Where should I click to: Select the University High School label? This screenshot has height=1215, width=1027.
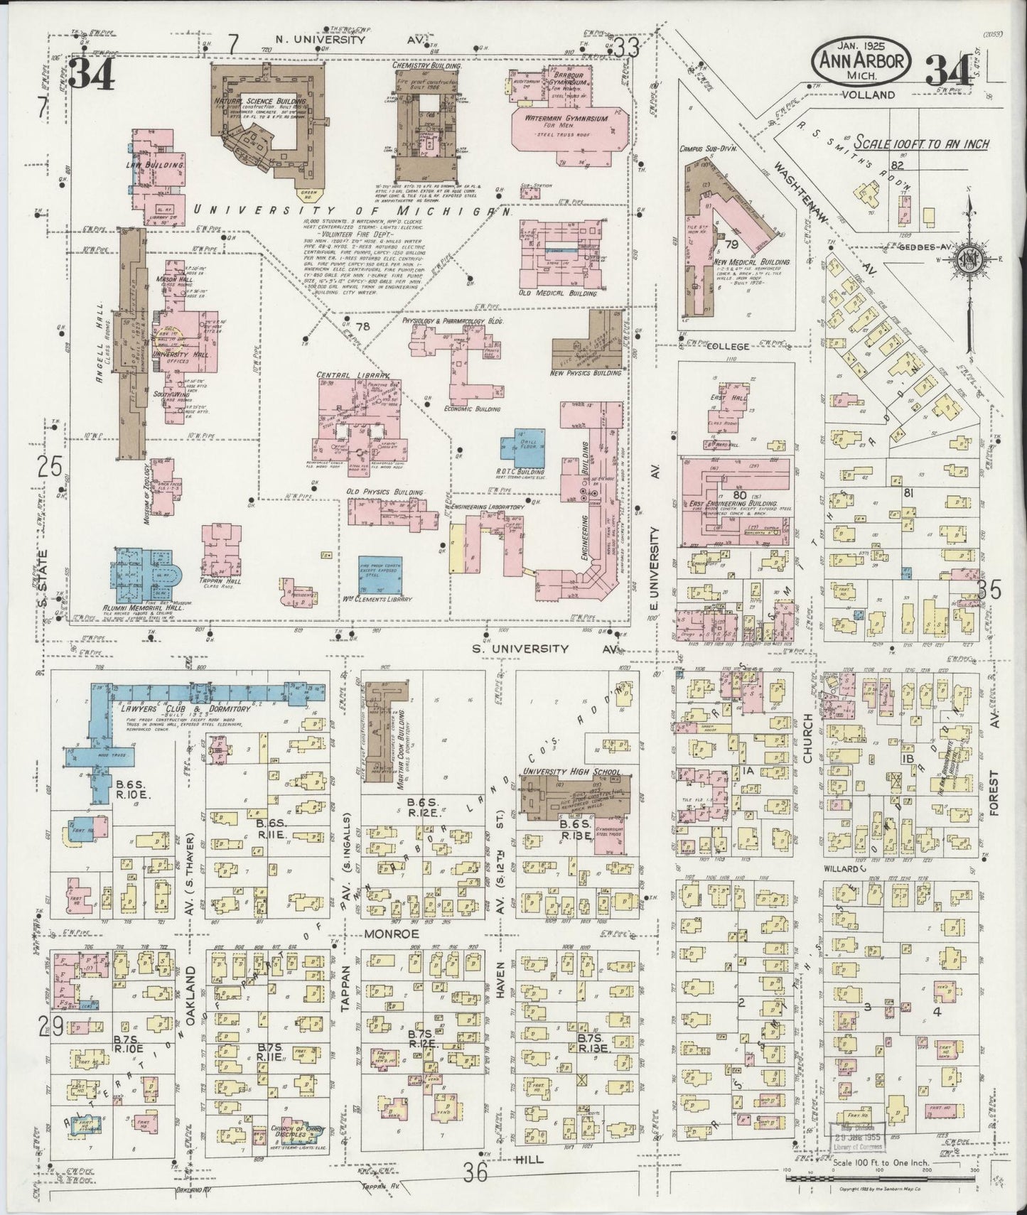pyautogui.click(x=571, y=772)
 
